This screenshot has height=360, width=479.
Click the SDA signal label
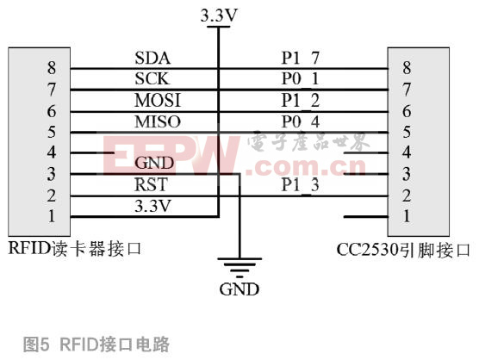(x=152, y=58)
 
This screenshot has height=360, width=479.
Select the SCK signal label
(x=152, y=78)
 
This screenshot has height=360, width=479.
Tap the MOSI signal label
(x=158, y=100)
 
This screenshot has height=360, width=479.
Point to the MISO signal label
(x=158, y=121)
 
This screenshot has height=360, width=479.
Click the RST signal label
(x=151, y=184)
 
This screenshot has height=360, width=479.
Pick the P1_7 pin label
(x=301, y=58)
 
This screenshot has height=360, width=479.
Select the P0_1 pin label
(x=301, y=78)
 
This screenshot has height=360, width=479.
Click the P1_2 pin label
(x=301, y=101)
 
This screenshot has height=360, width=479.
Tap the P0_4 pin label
(x=301, y=121)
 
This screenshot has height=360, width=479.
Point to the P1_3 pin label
(x=301, y=185)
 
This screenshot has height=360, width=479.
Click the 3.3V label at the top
(x=219, y=16)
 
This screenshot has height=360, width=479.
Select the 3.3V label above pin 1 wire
(x=152, y=206)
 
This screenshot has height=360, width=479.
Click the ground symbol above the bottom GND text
(x=239, y=268)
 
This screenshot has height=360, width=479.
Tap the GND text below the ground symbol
(x=239, y=289)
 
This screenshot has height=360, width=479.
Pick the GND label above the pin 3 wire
(x=154, y=163)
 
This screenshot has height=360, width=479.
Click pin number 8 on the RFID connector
(x=52, y=67)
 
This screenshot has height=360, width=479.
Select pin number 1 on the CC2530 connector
(x=407, y=216)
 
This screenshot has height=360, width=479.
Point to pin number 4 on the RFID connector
(x=52, y=152)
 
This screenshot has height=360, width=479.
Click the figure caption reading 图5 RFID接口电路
(x=96, y=344)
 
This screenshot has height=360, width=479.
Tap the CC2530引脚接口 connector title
(x=403, y=250)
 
